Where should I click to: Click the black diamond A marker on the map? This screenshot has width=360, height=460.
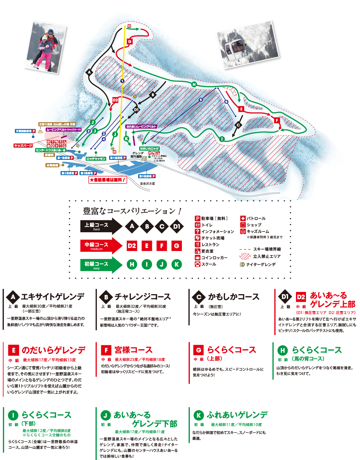(89, 72)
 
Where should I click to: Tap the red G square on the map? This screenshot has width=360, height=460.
(129, 41)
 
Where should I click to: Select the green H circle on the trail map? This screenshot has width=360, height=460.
(194, 84)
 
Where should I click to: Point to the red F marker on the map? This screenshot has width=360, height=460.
(277, 120)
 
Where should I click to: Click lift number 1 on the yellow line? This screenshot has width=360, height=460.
(122, 81)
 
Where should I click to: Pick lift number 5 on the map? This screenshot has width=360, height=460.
(201, 100)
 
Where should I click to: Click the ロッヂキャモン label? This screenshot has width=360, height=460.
(96, 159)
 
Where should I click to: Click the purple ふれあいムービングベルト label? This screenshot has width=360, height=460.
(141, 127)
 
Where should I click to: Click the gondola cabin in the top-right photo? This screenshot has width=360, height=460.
(234, 47)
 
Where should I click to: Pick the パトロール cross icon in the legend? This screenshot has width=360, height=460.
(243, 218)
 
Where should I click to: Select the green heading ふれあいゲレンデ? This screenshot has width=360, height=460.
(237, 415)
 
